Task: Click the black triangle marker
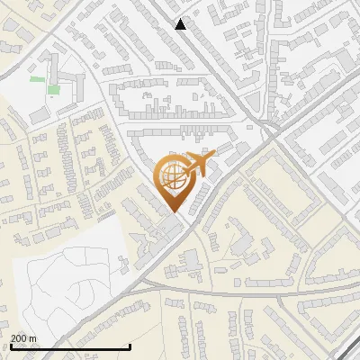181,24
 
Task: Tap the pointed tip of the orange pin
172,212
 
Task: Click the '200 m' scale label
23,338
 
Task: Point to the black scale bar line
70,347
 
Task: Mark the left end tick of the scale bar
10,346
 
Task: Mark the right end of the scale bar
130,346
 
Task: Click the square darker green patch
54,89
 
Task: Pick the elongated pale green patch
37,79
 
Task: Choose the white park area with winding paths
67,288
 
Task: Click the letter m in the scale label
32,338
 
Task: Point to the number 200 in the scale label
19,338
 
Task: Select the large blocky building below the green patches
40,112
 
